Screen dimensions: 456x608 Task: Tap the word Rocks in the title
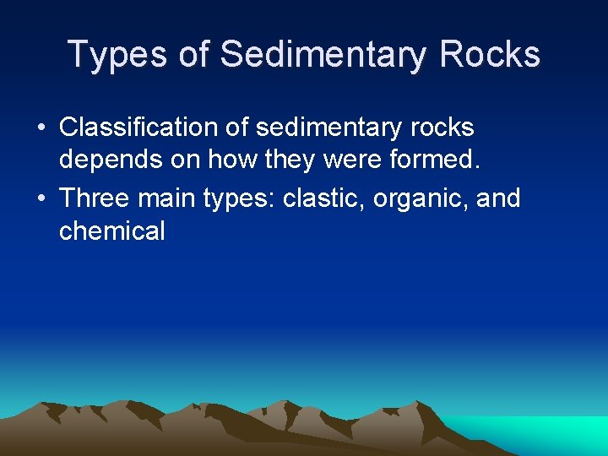489,54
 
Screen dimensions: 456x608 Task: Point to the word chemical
112,231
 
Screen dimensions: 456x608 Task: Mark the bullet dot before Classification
41,128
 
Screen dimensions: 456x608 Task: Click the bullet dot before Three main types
41,199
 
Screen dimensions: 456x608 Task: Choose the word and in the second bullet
498,198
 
